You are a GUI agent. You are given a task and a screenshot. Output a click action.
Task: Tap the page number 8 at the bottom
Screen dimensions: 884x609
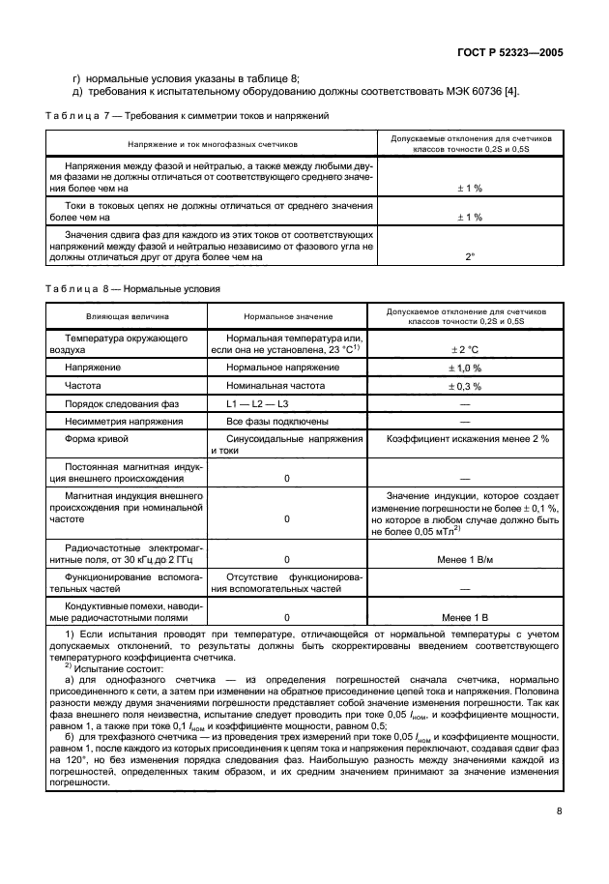[560, 840]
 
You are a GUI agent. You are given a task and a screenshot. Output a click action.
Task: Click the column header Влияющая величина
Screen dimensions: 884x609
[128, 316]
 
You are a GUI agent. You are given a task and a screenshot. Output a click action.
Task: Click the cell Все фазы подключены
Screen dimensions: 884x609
[276, 422]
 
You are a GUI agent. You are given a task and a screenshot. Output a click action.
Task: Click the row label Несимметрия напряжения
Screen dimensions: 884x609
[123, 422]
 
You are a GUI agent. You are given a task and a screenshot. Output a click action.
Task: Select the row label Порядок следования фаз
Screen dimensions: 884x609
[124, 403]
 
